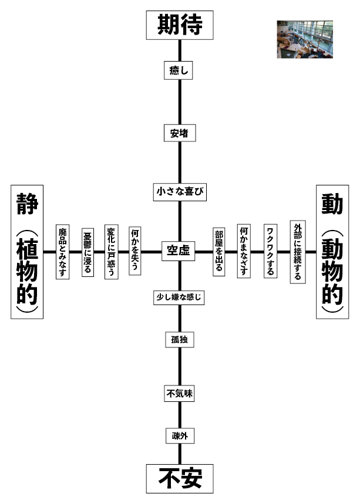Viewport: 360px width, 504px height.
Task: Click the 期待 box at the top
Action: pos(180,25)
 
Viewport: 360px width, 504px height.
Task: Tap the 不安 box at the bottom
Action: pos(180,478)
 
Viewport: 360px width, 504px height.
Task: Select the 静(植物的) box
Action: pos(27,252)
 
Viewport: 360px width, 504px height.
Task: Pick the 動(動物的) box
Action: pos(332,252)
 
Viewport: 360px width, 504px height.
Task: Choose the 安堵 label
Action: pos(179,133)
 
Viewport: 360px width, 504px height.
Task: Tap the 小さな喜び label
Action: pos(179,191)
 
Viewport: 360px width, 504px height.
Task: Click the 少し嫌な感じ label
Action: pos(179,297)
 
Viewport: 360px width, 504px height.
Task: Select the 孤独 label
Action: pos(179,340)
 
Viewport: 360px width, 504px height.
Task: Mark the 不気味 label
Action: pos(179,394)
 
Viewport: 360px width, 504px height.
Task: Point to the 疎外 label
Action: pos(179,436)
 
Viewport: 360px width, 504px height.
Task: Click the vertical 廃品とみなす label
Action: pos(63,252)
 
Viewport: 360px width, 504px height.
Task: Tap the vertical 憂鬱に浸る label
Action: pos(88,252)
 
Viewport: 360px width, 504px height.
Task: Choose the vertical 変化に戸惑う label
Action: pos(111,252)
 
